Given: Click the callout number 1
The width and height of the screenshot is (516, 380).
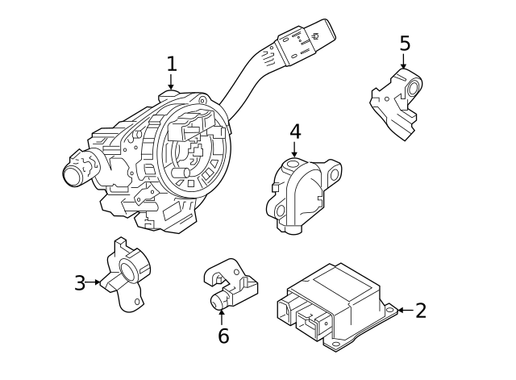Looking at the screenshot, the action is tap(172, 64).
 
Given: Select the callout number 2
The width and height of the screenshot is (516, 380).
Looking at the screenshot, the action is tap(421, 311).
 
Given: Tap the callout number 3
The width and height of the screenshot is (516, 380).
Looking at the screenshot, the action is tap(80, 283).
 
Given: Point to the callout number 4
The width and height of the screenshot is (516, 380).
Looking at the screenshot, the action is tap(295, 132).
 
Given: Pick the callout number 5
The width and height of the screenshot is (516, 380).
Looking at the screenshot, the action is tap(405, 43).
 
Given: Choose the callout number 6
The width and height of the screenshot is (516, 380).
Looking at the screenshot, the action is tap(223, 336).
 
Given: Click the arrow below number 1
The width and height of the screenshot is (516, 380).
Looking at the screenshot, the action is tap(170, 81).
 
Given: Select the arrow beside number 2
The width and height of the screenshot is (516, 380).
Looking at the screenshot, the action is tap(406, 310).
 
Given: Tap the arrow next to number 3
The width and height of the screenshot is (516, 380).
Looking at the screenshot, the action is tap(93, 282).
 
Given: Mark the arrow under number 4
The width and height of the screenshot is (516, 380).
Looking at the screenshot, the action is tap(294, 149).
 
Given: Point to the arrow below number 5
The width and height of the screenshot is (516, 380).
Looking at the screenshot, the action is tap(403, 61).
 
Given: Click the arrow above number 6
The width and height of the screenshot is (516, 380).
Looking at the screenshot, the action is tap(222, 317).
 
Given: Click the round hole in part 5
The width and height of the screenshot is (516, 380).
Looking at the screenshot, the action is tap(413, 88).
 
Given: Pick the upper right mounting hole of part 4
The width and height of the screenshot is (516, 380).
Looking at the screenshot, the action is tap(334, 174).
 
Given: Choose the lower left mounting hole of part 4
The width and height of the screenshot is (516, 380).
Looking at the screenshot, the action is tap(281, 210).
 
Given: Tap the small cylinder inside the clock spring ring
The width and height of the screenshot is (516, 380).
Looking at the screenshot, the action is tap(181, 173).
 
